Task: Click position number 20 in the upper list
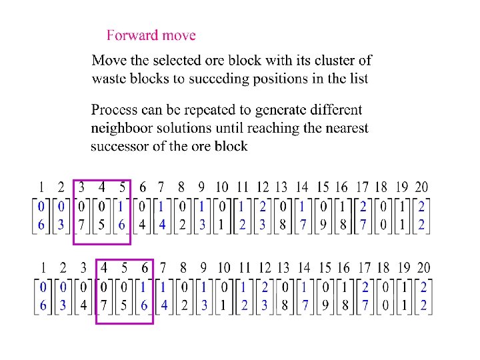[421, 188]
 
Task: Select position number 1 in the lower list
[43, 268]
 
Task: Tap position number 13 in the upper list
[282, 188]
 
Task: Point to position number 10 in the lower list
[223, 268]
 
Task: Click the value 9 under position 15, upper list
[323, 226]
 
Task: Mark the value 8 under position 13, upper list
[282, 226]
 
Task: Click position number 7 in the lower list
[163, 268]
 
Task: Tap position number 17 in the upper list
[362, 188]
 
